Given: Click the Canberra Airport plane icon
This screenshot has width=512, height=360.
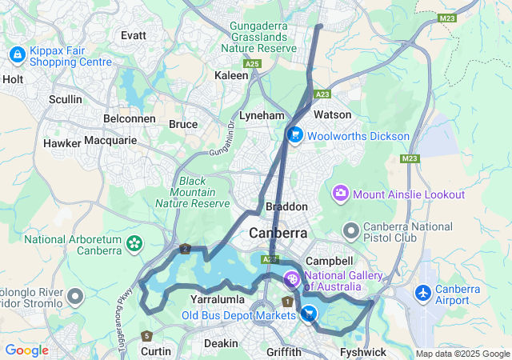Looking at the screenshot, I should pos(423,294).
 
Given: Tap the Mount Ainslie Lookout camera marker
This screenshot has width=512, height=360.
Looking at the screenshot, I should pos(342,194).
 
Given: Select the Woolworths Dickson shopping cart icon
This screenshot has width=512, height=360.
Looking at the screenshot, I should pos(295,135).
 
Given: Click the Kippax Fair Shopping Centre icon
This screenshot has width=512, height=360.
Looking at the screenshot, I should pos(16,54).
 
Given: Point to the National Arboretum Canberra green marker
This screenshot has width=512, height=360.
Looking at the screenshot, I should pos(134,241).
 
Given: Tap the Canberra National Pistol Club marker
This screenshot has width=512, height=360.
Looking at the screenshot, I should pos(350,232).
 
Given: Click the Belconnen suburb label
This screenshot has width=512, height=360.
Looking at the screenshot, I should pos(130,118).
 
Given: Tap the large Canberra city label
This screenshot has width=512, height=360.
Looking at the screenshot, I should pos(278,233).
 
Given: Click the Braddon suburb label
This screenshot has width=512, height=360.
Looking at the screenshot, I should pos(281,206).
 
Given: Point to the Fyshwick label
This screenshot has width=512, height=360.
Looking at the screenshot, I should pos(362,352).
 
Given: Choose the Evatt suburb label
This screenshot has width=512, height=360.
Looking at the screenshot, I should pos(133,35).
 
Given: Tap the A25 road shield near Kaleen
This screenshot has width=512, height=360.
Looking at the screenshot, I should pos(253,63).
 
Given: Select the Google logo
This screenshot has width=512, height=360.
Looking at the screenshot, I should pos(26,350).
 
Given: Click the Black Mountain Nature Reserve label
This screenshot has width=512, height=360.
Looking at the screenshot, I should pos(192,192).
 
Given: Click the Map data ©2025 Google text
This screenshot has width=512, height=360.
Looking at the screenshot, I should pos(462,354).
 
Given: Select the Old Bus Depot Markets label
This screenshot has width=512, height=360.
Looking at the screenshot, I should pos(238,314).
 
